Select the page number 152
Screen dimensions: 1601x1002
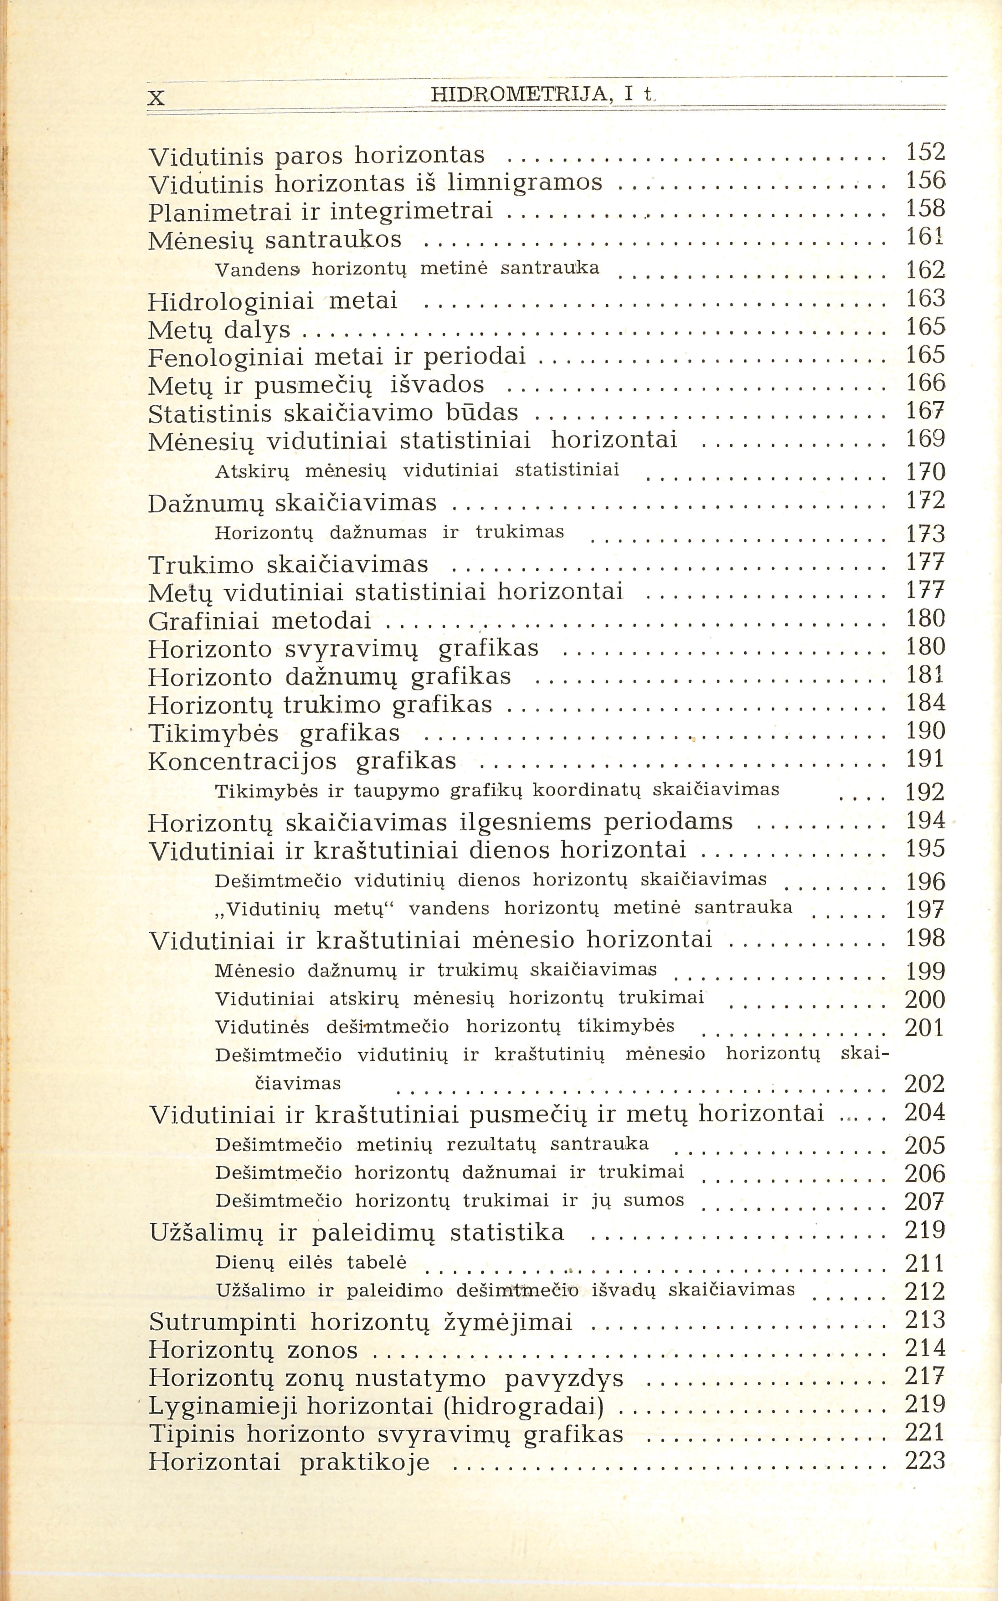[x=925, y=153]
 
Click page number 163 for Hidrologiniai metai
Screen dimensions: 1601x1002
[x=925, y=299]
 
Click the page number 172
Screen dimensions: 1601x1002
[x=925, y=501]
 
